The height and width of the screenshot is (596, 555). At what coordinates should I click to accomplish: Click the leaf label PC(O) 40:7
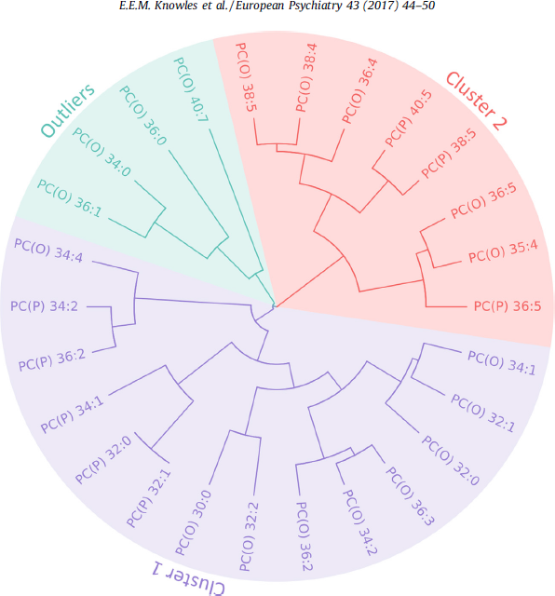[191, 89]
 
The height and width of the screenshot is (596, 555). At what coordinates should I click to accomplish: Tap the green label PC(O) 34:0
[102, 152]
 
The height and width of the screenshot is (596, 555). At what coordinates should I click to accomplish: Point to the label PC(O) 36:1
[70, 198]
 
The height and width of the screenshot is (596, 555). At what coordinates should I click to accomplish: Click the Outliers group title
[68, 110]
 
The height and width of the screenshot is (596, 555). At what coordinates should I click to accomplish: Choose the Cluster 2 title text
[476, 102]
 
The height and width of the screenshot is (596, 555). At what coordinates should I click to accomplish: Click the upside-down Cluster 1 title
[189, 577]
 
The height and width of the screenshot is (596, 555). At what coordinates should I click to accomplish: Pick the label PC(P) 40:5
[409, 119]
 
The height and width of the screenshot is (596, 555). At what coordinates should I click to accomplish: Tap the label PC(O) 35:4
[503, 251]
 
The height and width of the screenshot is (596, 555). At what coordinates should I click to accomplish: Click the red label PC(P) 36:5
[508, 306]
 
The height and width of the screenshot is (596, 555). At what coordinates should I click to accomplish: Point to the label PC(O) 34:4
[48, 251]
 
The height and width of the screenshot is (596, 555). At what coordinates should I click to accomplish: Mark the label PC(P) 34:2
[44, 306]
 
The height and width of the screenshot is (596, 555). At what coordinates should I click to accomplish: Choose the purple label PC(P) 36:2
[52, 360]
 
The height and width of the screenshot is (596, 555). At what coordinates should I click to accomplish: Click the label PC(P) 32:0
[103, 460]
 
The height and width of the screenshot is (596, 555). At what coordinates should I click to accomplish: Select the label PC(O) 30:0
[193, 523]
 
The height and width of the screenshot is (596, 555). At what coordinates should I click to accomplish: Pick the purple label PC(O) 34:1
[502, 363]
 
